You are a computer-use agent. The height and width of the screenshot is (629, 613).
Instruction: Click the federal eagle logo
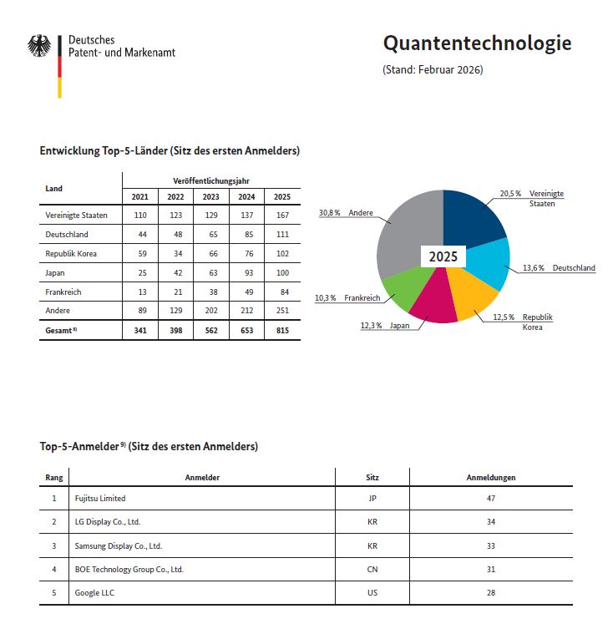[x=39, y=46]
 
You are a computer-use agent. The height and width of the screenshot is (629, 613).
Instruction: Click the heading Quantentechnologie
[x=477, y=43]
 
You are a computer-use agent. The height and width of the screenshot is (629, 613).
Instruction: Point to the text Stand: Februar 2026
[x=433, y=69]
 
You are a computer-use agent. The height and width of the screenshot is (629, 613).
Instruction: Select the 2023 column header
[x=210, y=197]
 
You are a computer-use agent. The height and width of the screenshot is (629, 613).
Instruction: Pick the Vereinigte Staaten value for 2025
[x=282, y=216]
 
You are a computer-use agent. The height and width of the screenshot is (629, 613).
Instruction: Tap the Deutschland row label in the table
[x=67, y=235]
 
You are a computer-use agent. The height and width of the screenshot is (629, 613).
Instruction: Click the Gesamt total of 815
[x=282, y=331]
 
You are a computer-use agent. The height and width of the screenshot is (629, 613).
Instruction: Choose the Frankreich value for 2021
[x=140, y=292]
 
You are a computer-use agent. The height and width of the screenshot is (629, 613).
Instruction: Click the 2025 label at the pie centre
[x=443, y=256]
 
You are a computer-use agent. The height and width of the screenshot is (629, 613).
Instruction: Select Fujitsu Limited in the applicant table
[x=100, y=499]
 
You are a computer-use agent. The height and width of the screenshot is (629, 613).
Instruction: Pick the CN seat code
[x=372, y=569]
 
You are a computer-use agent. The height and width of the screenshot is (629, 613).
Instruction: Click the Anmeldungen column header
[x=490, y=478]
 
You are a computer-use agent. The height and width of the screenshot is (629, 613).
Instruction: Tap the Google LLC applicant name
[x=94, y=592]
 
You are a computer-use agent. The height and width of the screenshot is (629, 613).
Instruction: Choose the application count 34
[x=491, y=522]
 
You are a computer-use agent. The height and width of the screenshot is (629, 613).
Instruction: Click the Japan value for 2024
[x=246, y=273]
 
